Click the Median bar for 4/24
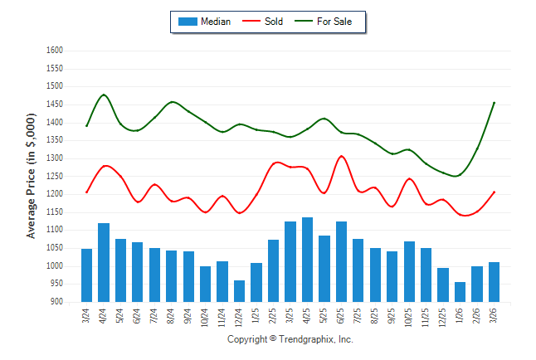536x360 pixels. (x=104, y=262)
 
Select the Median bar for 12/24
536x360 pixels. (x=240, y=291)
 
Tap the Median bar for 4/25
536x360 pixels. (x=307, y=260)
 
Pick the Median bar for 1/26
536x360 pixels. (x=460, y=292)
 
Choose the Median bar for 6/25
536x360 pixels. (x=341, y=261)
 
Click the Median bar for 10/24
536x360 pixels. (x=205, y=284)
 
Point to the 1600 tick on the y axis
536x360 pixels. (x=54, y=51)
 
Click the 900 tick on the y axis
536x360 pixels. (x=56, y=302)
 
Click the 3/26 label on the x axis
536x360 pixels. (x=495, y=315)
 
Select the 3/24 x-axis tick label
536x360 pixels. (x=87, y=315)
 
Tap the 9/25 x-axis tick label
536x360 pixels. (x=392, y=315)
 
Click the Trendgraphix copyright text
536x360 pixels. (x=290, y=339)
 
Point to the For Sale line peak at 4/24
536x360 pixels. (x=104, y=95)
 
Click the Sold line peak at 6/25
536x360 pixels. (x=341, y=156)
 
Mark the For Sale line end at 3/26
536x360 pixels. (x=495, y=103)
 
